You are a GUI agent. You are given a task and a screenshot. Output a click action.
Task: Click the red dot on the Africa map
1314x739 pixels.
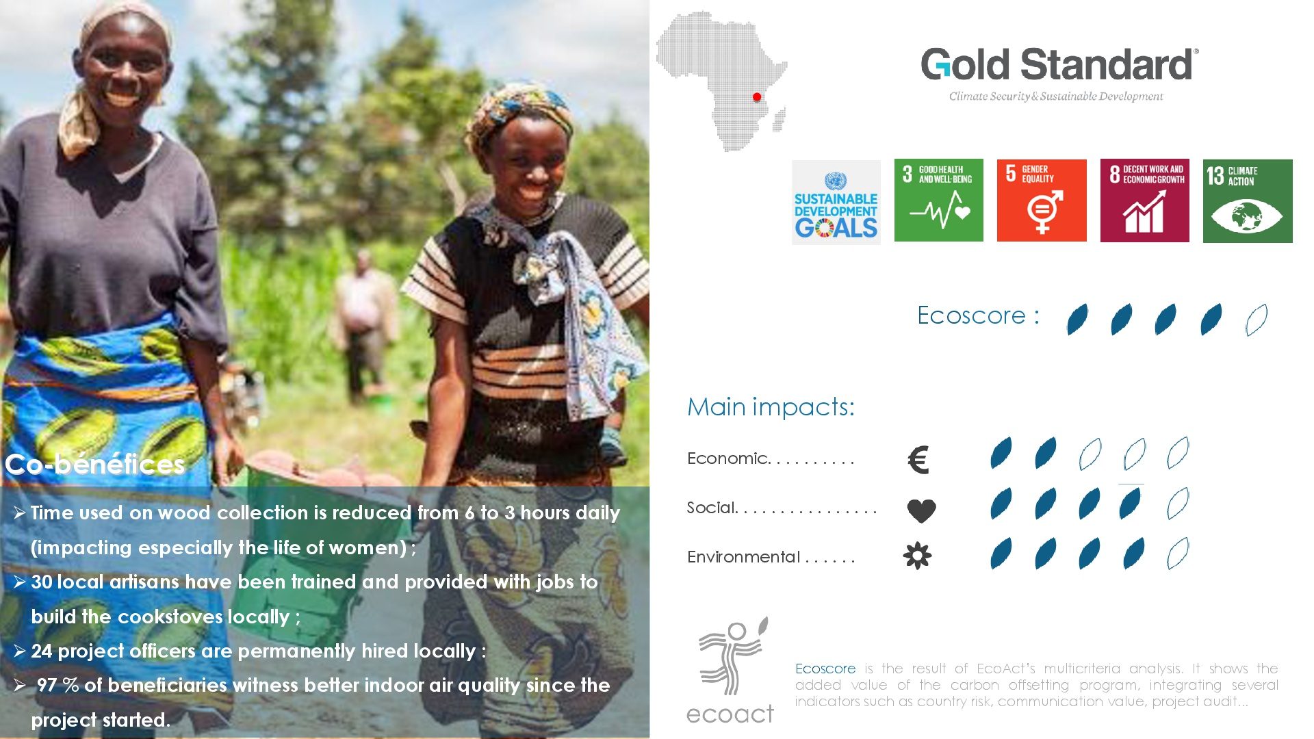tap(757, 97)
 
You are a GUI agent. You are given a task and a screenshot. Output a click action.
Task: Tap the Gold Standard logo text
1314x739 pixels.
tap(1059, 64)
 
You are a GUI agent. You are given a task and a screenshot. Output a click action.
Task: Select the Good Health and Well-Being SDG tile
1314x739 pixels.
tap(938, 200)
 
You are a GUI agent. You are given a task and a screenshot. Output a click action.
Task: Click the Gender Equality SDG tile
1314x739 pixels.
tap(1042, 200)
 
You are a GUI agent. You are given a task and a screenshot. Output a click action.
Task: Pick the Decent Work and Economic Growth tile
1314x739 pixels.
tap(1144, 200)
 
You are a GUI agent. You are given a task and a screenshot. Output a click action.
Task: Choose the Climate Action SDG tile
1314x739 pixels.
tap(1248, 200)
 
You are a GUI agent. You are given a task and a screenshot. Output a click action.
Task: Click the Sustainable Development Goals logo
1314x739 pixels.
tap(836, 202)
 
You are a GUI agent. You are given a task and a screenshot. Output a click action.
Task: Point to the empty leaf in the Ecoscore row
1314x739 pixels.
tap(1257, 320)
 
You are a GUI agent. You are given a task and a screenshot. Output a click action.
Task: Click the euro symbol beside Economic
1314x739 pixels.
tap(918, 460)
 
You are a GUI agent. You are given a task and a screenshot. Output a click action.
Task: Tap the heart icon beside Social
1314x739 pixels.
tap(921, 510)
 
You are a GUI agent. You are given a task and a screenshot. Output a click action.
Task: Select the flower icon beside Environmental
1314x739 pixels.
tap(917, 556)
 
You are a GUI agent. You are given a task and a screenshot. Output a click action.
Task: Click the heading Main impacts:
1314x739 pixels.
tap(771, 407)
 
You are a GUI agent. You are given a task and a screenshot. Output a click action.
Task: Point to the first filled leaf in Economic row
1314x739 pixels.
tap(1001, 453)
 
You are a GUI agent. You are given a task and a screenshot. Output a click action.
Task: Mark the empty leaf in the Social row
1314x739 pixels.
tap(1178, 504)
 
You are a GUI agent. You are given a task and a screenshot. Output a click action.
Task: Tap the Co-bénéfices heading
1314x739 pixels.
tap(95, 464)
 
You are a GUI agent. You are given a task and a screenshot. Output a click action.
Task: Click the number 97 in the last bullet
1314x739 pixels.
tap(47, 685)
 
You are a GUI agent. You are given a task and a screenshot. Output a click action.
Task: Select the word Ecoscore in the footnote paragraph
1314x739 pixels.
tap(825, 669)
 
